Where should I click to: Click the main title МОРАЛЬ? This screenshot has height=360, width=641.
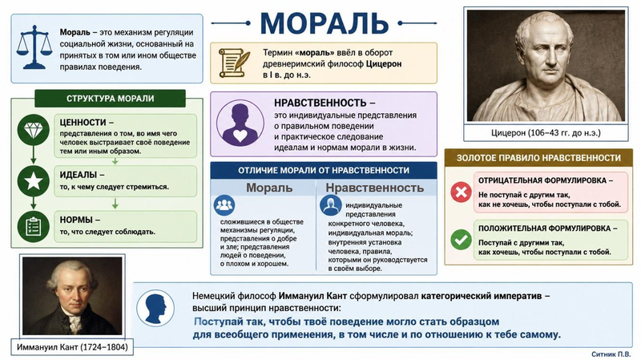click(x=324, y=22)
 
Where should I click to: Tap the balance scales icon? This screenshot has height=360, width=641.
click(x=34, y=47)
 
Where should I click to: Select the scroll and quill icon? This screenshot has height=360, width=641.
click(x=234, y=63)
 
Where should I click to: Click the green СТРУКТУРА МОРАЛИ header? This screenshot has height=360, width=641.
click(x=110, y=98)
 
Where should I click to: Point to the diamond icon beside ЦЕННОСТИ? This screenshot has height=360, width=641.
click(x=34, y=131)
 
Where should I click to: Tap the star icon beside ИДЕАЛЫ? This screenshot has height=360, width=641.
click(x=34, y=181)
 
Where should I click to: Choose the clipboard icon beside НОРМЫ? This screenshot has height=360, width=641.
click(x=34, y=226)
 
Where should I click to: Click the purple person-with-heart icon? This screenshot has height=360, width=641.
click(x=240, y=123)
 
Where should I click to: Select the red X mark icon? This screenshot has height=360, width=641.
click(x=461, y=192)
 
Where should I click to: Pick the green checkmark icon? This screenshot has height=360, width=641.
click(x=461, y=239)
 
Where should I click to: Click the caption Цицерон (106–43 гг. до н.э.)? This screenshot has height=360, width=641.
click(x=546, y=133)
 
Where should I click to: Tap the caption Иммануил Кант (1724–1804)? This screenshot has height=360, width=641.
click(x=72, y=347)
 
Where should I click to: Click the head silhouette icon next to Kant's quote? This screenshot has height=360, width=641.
click(x=155, y=308)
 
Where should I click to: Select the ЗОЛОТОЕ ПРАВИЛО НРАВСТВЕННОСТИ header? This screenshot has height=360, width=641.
click(x=538, y=157)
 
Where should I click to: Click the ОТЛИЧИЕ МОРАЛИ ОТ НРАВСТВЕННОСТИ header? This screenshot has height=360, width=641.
click(x=324, y=170)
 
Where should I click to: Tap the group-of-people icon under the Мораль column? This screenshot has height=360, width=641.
click(x=224, y=205)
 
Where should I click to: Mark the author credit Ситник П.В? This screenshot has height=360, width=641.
click(x=611, y=354)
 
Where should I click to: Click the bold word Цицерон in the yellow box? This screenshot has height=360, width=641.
click(x=384, y=64)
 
